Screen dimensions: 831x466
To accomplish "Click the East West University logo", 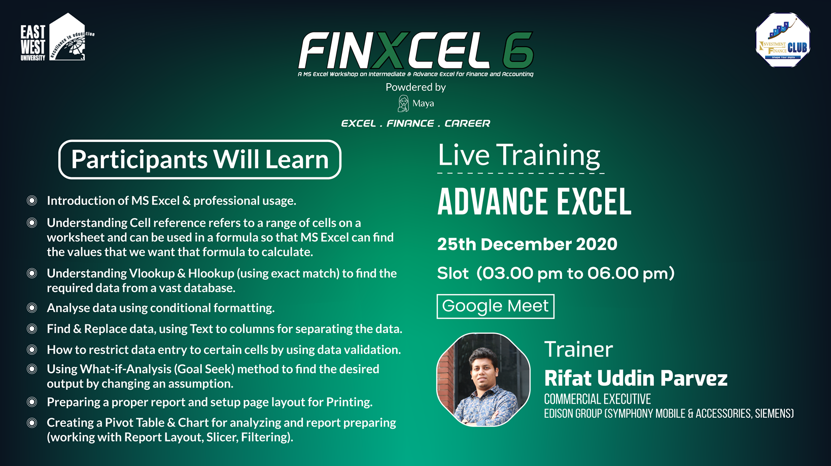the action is coord(57,37).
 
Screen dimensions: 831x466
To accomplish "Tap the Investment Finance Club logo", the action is coord(783,40).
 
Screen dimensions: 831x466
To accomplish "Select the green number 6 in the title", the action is coord(518,50).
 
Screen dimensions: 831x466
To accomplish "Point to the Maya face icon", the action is coord(403,103).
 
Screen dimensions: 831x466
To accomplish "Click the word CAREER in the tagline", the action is coord(467,123).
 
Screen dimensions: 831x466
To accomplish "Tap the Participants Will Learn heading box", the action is coord(199,159).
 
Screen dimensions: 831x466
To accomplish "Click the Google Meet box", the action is coord(495,306).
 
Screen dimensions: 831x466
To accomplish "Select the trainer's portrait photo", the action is coord(483,379).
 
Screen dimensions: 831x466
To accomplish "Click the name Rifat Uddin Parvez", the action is coord(636,378).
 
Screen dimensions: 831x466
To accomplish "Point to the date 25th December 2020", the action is coord(527,244).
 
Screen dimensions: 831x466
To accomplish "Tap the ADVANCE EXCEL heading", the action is coord(534,201).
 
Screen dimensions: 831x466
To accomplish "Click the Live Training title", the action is coord(518,155).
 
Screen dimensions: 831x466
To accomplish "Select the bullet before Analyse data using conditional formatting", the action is coord(32,308).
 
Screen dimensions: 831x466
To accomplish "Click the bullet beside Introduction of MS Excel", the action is coord(32,201).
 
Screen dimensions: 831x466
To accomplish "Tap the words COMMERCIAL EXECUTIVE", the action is coord(597,399).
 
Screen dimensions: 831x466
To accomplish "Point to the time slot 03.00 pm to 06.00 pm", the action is coord(575,274).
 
